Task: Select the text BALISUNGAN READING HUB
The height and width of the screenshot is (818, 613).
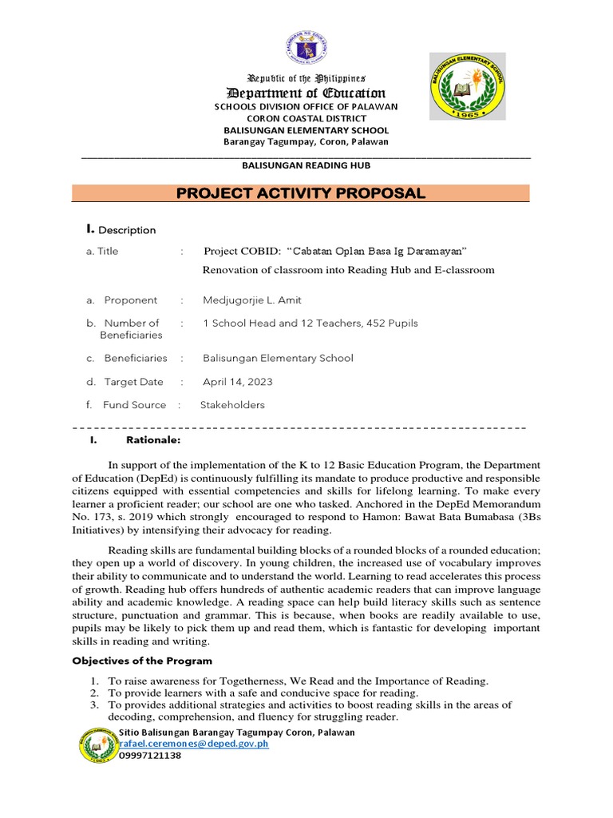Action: [x=306, y=165]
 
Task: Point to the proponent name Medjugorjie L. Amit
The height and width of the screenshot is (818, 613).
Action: [x=252, y=300]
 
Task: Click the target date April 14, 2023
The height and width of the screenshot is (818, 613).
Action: [x=237, y=382]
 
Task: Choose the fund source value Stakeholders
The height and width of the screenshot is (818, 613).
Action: [x=231, y=405]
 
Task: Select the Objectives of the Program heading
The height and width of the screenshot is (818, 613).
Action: [x=142, y=661]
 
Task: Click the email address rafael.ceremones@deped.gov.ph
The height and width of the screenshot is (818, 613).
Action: [x=193, y=744]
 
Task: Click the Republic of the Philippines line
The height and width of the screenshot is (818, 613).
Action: [x=306, y=78]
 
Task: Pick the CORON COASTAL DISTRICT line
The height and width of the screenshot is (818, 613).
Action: [x=306, y=118]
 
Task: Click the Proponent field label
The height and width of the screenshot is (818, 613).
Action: [x=130, y=300]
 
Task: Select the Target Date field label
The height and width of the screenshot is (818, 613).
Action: [x=133, y=382]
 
